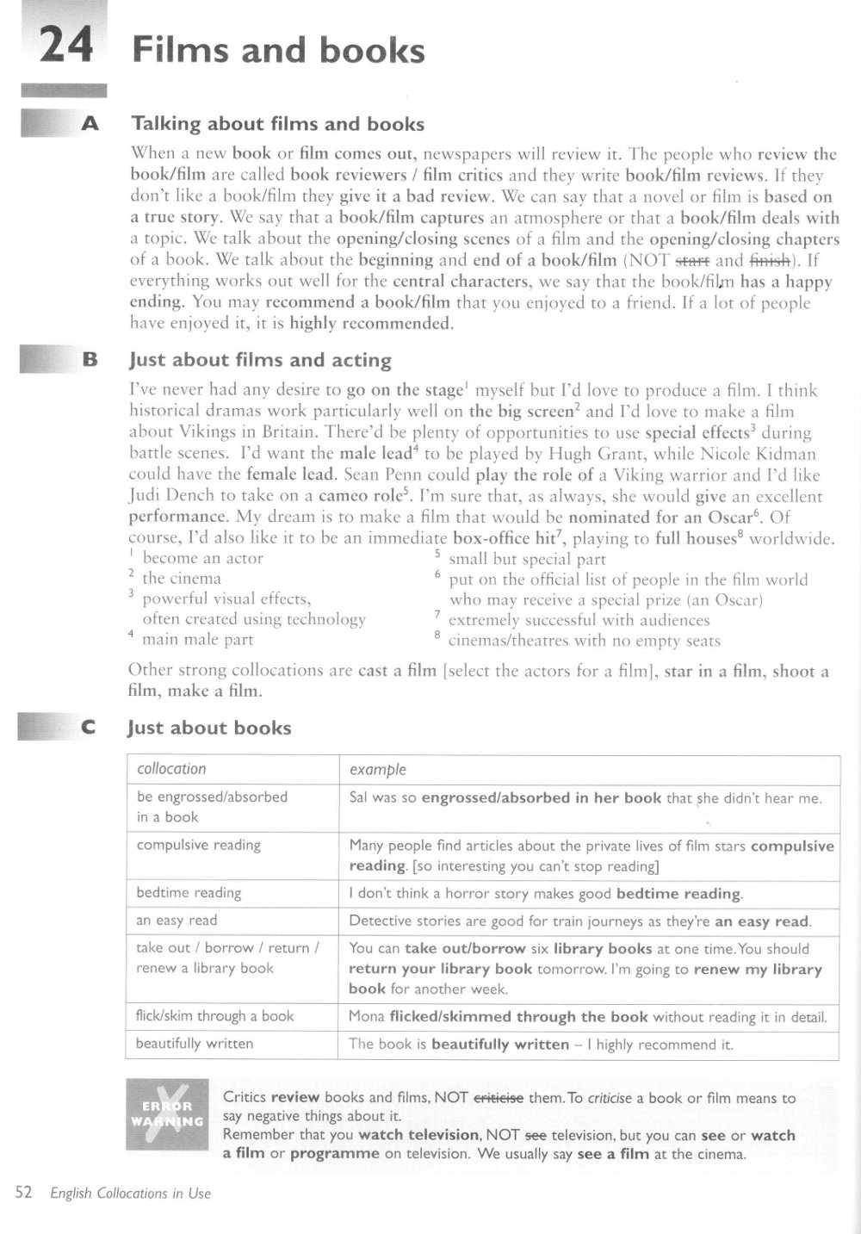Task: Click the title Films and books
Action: pyautogui.click(x=278, y=51)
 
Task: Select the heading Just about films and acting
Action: pyautogui.click(x=260, y=360)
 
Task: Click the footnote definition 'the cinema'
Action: pyautogui.click(x=182, y=579)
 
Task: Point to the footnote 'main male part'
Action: pyautogui.click(x=198, y=639)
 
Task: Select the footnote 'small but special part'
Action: pyautogui.click(x=527, y=559)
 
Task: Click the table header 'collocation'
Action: pyautogui.click(x=171, y=769)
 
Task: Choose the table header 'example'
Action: pyautogui.click(x=377, y=769)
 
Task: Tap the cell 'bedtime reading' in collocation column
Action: pyautogui.click(x=189, y=893)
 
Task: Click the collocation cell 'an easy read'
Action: pyautogui.click(x=177, y=921)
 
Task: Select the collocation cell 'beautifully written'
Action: pyautogui.click(x=195, y=1044)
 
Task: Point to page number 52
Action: pyautogui.click(x=23, y=1193)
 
